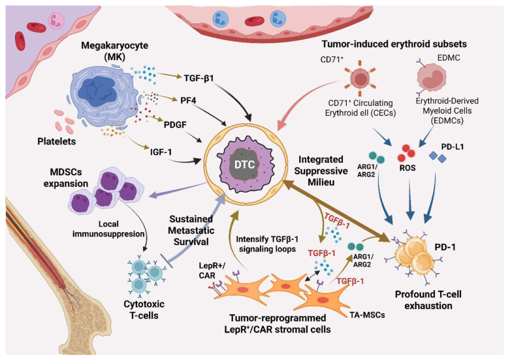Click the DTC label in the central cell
point(245,165)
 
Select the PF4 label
point(188,100)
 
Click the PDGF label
point(175,125)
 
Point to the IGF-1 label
point(161,152)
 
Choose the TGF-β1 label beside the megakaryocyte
point(199,78)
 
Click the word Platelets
point(57,141)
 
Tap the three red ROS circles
point(406,153)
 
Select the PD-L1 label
point(453,147)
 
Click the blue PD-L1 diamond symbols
point(438,157)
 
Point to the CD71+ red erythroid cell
point(360,78)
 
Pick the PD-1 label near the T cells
point(445,248)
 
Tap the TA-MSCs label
point(367,315)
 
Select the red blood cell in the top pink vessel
point(254,22)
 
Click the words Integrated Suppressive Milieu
point(321,171)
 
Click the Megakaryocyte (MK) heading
point(114,50)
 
